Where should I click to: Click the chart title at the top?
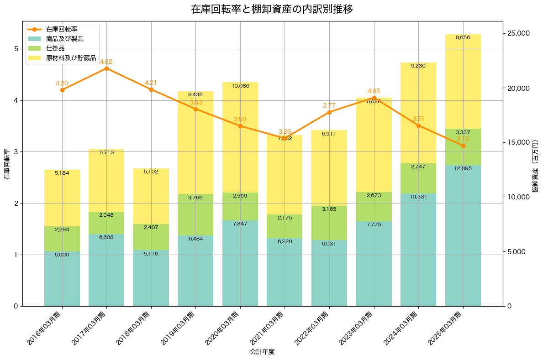pos(271,9)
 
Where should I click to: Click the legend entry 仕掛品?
pos(55,48)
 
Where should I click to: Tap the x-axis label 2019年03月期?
pos(179,328)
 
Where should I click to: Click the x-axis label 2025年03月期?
pos(446,328)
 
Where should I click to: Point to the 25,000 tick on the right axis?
pos(520,33)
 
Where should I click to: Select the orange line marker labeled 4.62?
pos(106,68)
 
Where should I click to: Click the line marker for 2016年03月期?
pos(62,90)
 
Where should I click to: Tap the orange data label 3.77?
pos(329,105)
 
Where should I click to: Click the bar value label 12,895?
pos(463,168)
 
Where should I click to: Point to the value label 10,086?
pos(240,86)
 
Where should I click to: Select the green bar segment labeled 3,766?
pos(195,214)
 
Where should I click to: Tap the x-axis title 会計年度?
pos(262,352)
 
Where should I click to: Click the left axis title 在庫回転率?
pos(6,164)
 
